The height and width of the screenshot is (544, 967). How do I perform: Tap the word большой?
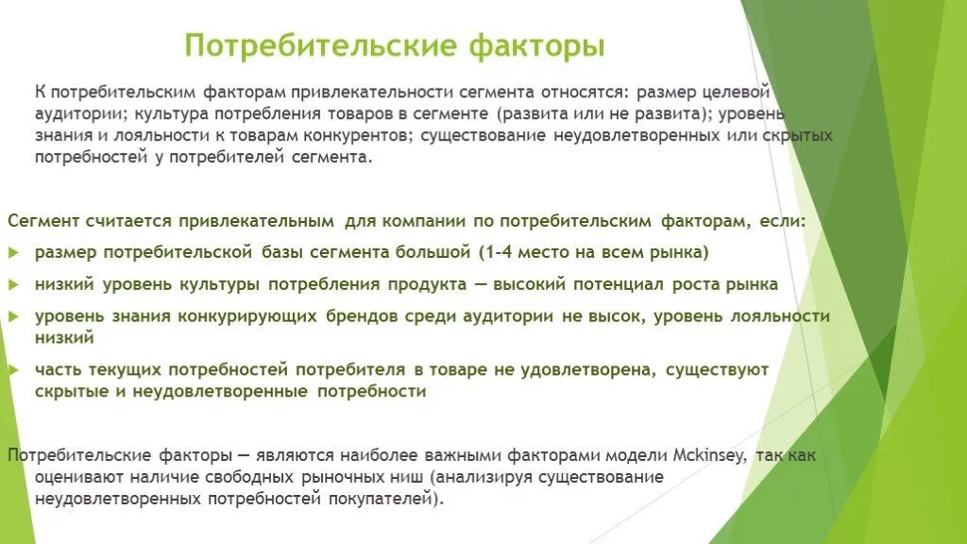pyautogui.click(x=433, y=253)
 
